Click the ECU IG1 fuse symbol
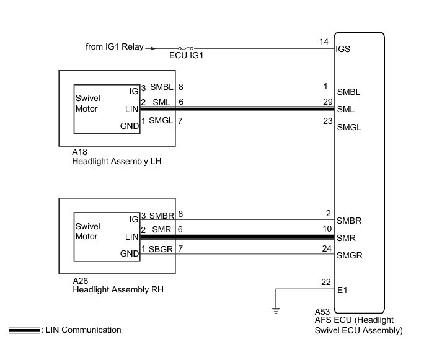186,47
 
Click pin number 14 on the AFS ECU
324,42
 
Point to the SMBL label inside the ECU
349,92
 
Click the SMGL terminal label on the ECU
349,128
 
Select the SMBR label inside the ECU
349,221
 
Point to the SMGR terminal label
349,255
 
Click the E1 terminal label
342,289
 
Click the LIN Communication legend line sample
24,330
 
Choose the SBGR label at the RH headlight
160,248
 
